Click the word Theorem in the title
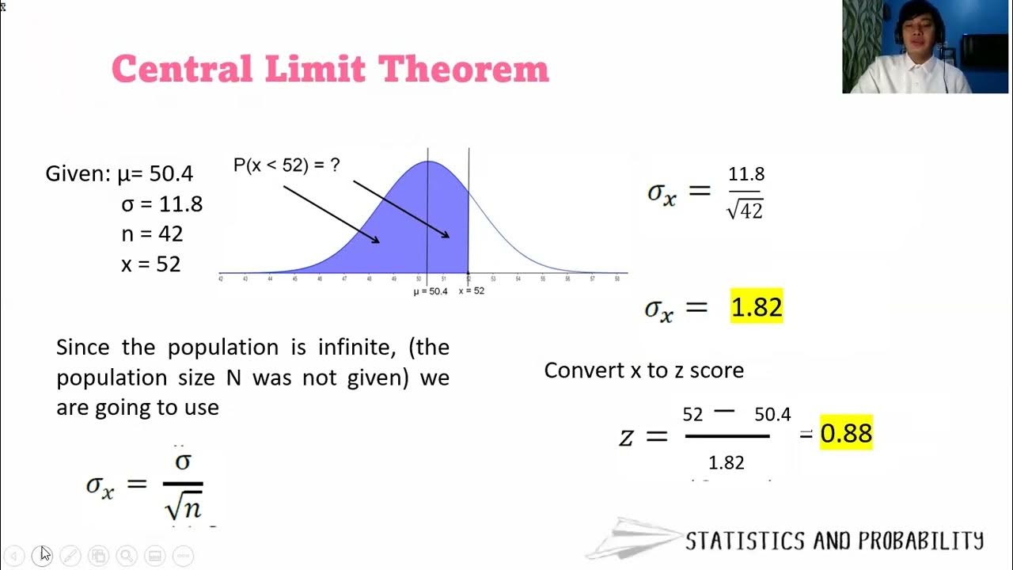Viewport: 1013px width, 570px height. coord(463,69)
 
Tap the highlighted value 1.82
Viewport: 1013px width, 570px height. coord(757,307)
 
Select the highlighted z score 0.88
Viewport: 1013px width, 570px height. coord(846,433)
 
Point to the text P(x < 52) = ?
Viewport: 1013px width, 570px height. coord(286,165)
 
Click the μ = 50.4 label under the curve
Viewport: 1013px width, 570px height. coord(431,291)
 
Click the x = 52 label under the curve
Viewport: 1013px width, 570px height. coord(472,291)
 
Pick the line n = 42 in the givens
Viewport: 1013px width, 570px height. coord(152,234)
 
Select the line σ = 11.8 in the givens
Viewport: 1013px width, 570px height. coord(161,204)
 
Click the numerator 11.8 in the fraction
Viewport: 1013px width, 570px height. coord(746,174)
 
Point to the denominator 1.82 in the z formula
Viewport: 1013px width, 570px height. coord(727,463)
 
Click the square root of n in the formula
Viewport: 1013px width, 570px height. coord(184,504)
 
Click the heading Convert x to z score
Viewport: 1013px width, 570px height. coord(644,370)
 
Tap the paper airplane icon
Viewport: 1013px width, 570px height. coord(633,539)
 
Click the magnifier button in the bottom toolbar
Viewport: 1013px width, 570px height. coord(127,556)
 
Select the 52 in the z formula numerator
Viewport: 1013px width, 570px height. coord(692,414)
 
